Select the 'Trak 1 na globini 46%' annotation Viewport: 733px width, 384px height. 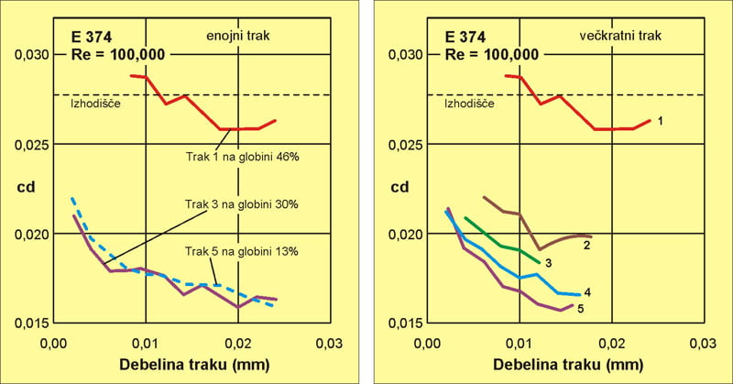click(242, 157)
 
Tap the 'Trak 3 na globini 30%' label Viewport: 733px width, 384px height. click(242, 204)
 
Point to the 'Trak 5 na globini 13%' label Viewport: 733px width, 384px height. click(242, 251)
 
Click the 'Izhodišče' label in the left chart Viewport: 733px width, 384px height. click(96, 103)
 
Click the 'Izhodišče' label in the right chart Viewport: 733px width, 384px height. click(469, 103)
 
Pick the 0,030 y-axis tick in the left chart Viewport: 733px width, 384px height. click(29, 55)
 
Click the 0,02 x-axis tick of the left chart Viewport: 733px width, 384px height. click(237, 343)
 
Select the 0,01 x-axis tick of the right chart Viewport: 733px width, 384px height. click(520, 343)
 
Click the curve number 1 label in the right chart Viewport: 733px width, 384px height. click(660, 120)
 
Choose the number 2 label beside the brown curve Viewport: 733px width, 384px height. click(585, 246)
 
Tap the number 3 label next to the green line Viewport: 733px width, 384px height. click(546, 263)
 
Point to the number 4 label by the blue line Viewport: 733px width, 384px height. click(586, 292)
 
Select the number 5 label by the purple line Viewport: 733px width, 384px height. click(579, 309)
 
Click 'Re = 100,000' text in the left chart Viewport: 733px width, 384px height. click(118, 54)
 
